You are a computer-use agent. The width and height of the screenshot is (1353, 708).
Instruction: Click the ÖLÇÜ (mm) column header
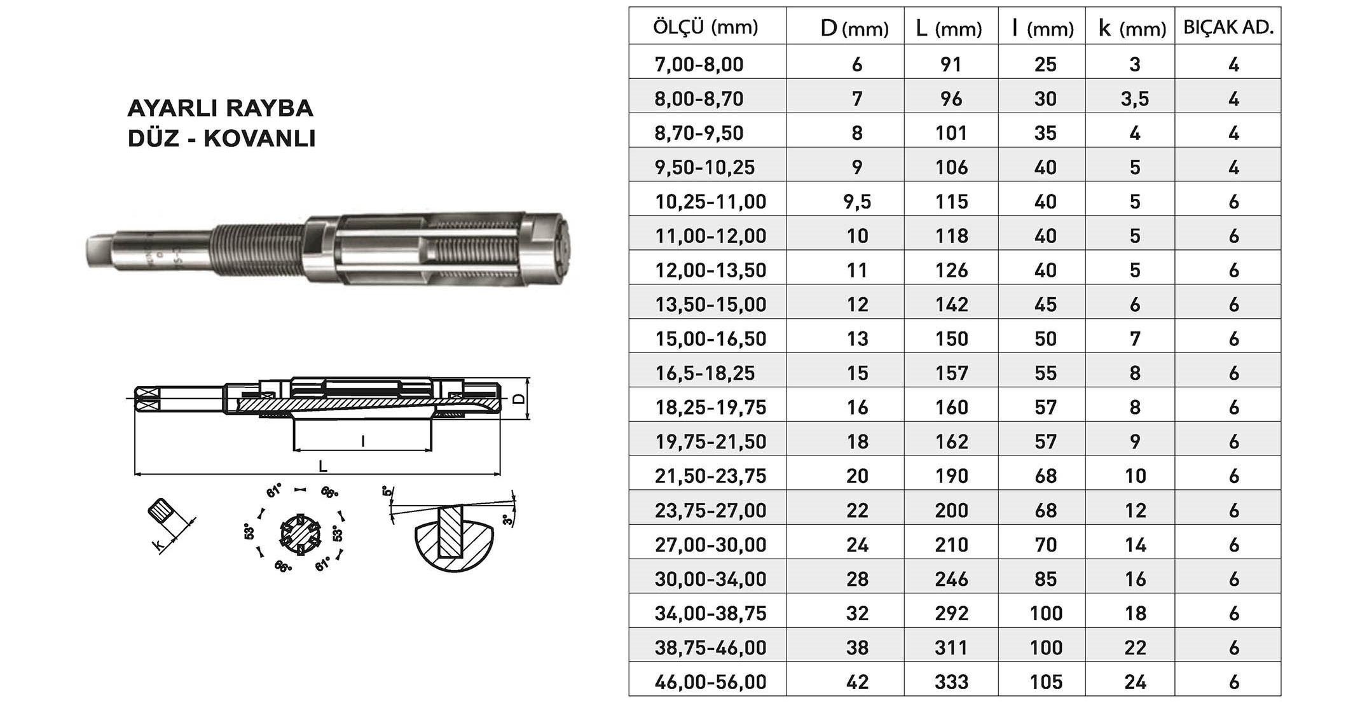706,27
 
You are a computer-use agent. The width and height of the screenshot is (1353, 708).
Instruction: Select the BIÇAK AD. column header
1228,27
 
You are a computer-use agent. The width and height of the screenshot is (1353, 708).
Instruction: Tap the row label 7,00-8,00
699,64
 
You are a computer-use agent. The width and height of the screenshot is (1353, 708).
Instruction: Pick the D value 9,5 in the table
857,202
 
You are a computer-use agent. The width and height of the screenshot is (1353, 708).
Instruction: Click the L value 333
951,682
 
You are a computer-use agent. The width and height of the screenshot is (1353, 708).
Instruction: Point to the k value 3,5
1135,99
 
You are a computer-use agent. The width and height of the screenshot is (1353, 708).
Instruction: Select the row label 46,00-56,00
710,682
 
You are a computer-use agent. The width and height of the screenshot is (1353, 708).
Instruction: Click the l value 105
1046,682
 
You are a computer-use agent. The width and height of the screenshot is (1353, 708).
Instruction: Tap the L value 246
951,579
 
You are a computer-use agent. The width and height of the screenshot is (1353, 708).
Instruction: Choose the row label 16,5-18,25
704,373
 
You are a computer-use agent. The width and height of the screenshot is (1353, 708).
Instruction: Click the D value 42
857,682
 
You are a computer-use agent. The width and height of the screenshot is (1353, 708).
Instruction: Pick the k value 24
1135,682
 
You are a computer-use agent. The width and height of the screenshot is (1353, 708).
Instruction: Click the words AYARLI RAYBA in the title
220,108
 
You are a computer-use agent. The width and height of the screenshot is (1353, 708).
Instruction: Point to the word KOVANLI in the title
259,138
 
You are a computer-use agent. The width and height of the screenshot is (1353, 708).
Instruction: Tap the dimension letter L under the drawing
323,466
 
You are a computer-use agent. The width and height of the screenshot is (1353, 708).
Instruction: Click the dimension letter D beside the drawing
519,398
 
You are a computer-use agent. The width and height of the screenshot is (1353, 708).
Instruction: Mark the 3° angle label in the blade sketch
507,520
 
